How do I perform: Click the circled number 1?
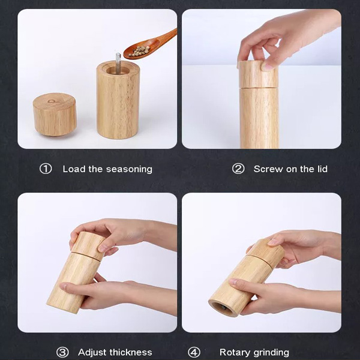click(x=46, y=169)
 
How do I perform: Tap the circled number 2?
click(x=238, y=169)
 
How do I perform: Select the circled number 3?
click(x=62, y=352)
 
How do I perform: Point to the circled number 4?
click(x=194, y=352)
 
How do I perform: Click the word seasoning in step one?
click(x=129, y=170)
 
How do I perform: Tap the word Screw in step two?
click(x=268, y=169)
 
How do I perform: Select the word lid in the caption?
click(x=322, y=169)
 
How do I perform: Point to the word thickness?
click(x=130, y=352)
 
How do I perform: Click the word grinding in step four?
click(x=269, y=353)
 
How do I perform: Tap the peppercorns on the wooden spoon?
click(x=139, y=51)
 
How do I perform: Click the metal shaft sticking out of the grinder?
click(x=118, y=61)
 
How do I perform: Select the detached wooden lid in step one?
click(x=55, y=114)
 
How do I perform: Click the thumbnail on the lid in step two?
click(x=268, y=67)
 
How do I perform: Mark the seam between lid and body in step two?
click(x=259, y=88)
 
